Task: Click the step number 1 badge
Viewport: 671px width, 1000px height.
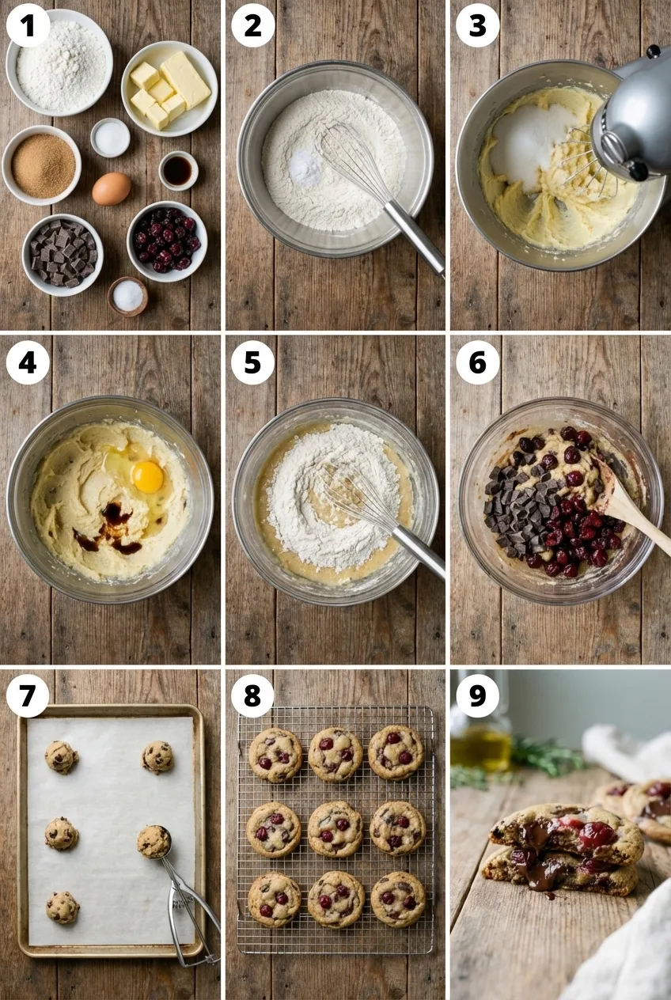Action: tap(28, 25)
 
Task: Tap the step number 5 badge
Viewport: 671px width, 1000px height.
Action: tap(252, 362)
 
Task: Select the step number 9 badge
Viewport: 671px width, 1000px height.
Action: tap(477, 696)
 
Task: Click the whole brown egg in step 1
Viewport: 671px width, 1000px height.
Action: tap(112, 188)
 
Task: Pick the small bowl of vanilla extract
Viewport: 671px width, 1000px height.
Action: tap(178, 171)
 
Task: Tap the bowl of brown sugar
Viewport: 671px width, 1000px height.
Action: tap(42, 165)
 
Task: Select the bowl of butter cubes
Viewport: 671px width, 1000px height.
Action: tap(169, 89)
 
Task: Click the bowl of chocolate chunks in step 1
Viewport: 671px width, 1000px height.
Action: tap(63, 255)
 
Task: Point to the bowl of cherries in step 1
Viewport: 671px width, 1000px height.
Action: tap(168, 241)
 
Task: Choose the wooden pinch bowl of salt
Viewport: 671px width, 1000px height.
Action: tap(127, 297)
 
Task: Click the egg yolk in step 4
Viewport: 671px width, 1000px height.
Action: tap(147, 477)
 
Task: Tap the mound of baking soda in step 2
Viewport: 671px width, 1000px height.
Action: tap(305, 168)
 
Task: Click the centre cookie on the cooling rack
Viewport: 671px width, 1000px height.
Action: tap(335, 829)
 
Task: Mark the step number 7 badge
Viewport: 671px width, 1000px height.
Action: tap(28, 696)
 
